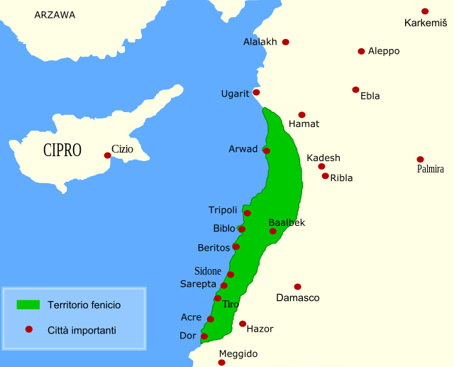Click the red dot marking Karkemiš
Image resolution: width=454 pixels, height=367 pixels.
pyautogui.click(x=425, y=11)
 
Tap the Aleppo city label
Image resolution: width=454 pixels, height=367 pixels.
pyautogui.click(x=384, y=51)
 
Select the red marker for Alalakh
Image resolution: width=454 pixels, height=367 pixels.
pyautogui.click(x=286, y=42)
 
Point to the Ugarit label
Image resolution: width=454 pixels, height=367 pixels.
pyautogui.click(x=236, y=94)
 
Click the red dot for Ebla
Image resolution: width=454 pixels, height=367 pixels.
pyautogui.click(x=355, y=89)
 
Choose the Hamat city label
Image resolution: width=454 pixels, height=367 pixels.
pyautogui.click(x=304, y=124)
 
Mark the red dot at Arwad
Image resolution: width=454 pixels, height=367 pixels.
pyautogui.click(x=267, y=150)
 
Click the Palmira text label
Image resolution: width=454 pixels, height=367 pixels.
pyautogui.click(x=431, y=169)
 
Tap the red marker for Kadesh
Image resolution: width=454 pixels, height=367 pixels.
pyautogui.click(x=321, y=167)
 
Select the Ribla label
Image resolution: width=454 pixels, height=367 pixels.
pyautogui.click(x=341, y=178)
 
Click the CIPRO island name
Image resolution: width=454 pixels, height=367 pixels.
pyautogui.click(x=62, y=150)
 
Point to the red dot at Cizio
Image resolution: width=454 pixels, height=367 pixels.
pyautogui.click(x=107, y=155)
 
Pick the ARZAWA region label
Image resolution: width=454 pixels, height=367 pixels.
pyautogui.click(x=55, y=15)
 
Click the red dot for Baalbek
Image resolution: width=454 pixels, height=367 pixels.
pyautogui.click(x=272, y=231)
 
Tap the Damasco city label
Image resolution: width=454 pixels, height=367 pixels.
pyautogui.click(x=298, y=298)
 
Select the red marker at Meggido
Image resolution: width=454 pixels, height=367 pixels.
pyautogui.click(x=221, y=362)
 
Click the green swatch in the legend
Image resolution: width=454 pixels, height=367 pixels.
pyautogui.click(x=28, y=305)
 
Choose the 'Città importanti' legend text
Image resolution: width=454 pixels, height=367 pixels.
pyautogui.click(x=82, y=330)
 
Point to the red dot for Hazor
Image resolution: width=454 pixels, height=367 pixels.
pyautogui.click(x=243, y=324)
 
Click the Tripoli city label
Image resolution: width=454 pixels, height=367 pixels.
pyautogui.click(x=223, y=210)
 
